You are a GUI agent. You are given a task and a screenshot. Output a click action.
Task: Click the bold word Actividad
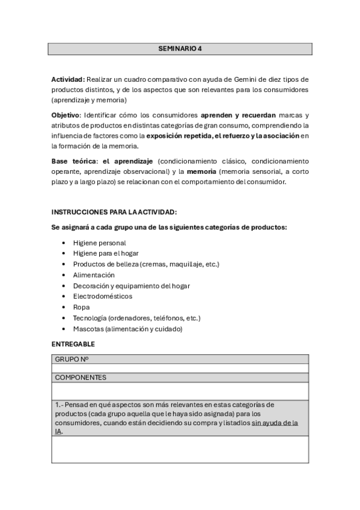coord(68,80)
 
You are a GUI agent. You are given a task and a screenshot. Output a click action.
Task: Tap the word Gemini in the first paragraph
coord(237,80)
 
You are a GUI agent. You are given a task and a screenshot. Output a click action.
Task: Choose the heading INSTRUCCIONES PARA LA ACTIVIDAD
coord(114,212)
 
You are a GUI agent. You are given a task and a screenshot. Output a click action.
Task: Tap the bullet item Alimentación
coord(94,275)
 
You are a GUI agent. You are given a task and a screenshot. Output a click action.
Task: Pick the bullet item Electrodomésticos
coord(103,296)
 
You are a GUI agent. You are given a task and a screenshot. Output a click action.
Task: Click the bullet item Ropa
coord(81,307)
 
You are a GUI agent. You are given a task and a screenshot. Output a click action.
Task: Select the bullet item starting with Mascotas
coord(127,329)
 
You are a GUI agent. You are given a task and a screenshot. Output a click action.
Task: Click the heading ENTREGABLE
coord(73,344)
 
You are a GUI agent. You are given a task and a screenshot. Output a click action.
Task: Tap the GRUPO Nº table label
coord(72,359)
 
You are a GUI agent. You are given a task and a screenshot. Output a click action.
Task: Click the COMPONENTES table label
coord(81,378)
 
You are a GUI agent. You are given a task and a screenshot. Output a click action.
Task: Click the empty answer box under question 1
coord(180,449)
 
